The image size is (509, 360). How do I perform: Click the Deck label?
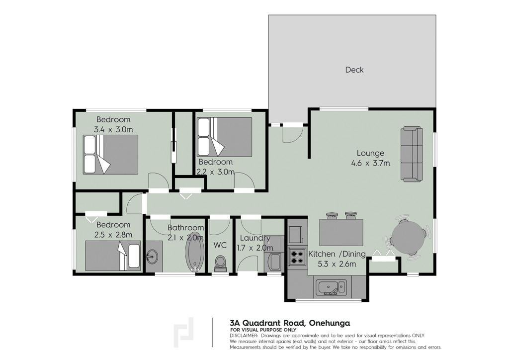pyautogui.click(x=354, y=70)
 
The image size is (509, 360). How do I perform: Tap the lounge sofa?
pyautogui.click(x=412, y=154)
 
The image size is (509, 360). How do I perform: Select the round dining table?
pyautogui.click(x=408, y=237)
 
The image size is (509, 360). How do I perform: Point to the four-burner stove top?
pyautogui.click(x=297, y=257)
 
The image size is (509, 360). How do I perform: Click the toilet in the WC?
pyautogui.click(x=220, y=264)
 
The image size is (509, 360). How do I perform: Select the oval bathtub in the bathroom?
pyautogui.click(x=195, y=252)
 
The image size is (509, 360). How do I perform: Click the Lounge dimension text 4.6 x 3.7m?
pyautogui.click(x=370, y=163)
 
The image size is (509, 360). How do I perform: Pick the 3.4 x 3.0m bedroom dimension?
pyautogui.click(x=113, y=129)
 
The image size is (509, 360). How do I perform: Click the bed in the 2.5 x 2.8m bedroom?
pyautogui.click(x=113, y=256)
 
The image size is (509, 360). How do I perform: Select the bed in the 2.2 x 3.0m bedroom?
pyautogui.click(x=224, y=137)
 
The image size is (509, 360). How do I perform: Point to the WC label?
pyautogui.click(x=220, y=245)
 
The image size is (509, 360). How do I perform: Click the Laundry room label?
pyautogui.click(x=255, y=238)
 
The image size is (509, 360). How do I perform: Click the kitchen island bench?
pyautogui.click(x=341, y=232)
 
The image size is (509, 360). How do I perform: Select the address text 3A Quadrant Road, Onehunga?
pyautogui.click(x=290, y=323)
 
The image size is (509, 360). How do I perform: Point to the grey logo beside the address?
pyautogui.click(x=184, y=332)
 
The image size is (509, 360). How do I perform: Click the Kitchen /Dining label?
pyautogui.click(x=337, y=254)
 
